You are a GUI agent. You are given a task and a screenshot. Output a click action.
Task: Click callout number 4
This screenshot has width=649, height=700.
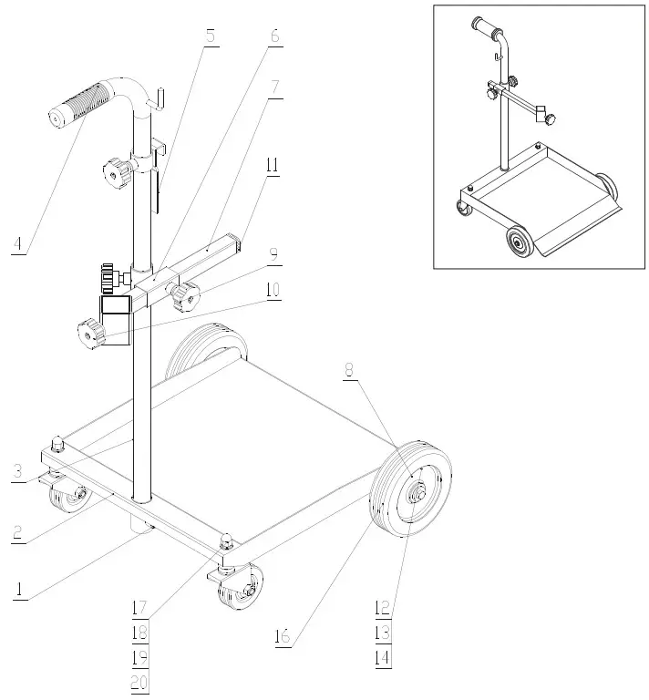pyautogui.click(x=17, y=244)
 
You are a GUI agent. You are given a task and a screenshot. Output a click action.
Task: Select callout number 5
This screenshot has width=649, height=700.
pyautogui.click(x=211, y=36)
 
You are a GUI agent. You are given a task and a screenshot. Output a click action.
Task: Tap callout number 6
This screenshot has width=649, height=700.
pyautogui.click(x=274, y=36)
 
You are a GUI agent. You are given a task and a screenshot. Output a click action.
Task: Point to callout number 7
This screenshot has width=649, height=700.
pyautogui.click(x=274, y=87)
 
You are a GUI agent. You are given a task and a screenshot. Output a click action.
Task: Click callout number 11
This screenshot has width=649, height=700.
pyautogui.click(x=273, y=165)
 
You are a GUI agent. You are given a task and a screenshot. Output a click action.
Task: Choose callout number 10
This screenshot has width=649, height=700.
pyautogui.click(x=273, y=291)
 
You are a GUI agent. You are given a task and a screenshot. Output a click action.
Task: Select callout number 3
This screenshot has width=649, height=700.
pyautogui.click(x=18, y=472)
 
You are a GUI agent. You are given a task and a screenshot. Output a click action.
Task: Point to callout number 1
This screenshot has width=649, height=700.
pyautogui.click(x=17, y=589)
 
